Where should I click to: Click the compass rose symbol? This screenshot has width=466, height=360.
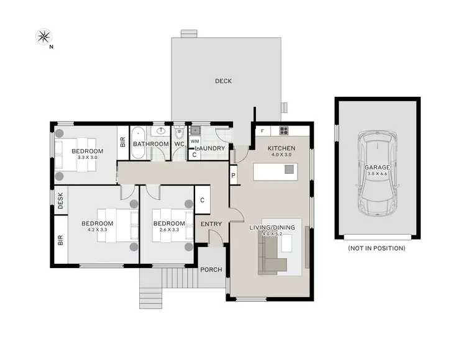(x=44, y=37)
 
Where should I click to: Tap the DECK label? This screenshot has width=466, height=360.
(x=223, y=81)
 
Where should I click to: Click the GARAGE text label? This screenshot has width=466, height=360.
(x=378, y=167)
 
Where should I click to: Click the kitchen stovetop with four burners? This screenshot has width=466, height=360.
(x=283, y=130)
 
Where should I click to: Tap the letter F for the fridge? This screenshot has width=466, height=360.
(x=262, y=131)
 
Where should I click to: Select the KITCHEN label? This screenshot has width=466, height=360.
(x=281, y=148)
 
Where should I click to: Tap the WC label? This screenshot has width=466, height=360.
(x=179, y=144)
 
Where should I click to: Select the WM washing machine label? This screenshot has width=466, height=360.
(x=194, y=142)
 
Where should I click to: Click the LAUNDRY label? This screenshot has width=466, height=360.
(x=210, y=148)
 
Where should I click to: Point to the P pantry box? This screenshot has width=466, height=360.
(x=233, y=176)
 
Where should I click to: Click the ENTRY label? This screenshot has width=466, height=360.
(x=211, y=224)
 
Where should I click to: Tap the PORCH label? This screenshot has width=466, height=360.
(x=211, y=269)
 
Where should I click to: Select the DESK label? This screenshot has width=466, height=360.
(x=61, y=200)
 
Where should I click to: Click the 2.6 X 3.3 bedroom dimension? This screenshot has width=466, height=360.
(x=169, y=230)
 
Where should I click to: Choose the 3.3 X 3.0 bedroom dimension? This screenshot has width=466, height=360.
(x=86, y=158)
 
